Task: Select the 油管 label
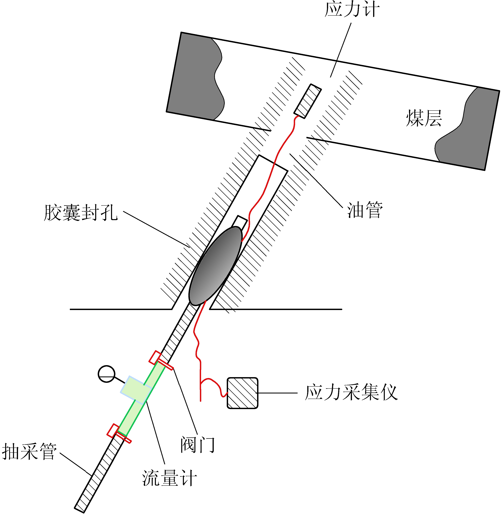(365, 210)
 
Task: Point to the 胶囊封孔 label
(81, 213)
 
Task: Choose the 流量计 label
(169, 478)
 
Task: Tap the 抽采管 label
(29, 452)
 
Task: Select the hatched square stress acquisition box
(242, 393)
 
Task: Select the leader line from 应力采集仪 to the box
(277, 393)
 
